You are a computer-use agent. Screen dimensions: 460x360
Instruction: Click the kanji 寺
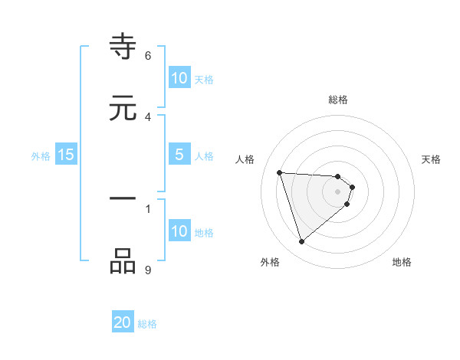(x=123, y=48)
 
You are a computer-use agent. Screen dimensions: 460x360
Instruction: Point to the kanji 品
(x=123, y=261)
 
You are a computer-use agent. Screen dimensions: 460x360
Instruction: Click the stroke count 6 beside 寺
(x=148, y=55)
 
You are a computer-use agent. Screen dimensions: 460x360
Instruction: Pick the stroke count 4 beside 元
(x=148, y=116)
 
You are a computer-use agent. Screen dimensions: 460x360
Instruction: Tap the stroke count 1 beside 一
(x=148, y=208)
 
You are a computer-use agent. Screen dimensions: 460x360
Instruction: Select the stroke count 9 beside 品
(x=148, y=269)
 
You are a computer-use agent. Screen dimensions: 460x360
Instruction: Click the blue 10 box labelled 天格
(x=179, y=78)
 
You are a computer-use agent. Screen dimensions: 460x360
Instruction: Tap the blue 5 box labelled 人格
(x=179, y=155)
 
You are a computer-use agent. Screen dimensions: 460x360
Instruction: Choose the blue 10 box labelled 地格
(x=179, y=231)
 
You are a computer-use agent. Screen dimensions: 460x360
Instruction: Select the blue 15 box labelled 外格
(x=66, y=155)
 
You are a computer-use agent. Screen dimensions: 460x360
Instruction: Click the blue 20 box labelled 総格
(x=123, y=322)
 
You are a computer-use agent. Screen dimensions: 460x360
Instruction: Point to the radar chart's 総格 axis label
(x=338, y=100)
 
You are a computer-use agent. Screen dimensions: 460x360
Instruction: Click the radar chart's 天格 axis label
(x=432, y=159)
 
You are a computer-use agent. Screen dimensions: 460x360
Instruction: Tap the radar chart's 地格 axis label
(x=402, y=262)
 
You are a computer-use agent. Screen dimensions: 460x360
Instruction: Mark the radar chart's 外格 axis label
(x=270, y=262)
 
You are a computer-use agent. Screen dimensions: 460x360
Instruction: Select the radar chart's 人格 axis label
(x=245, y=159)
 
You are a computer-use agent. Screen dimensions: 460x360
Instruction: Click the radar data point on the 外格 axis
(x=301, y=242)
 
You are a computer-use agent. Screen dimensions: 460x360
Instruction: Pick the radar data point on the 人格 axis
(x=279, y=172)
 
